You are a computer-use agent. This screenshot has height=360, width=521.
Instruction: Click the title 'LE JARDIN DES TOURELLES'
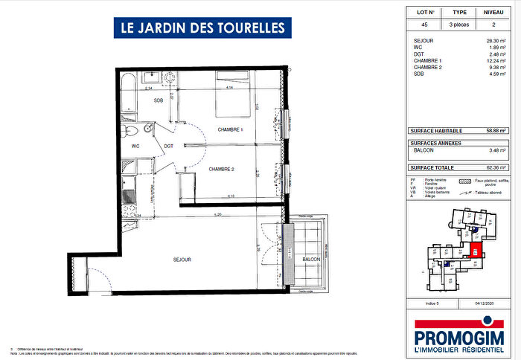(202, 28)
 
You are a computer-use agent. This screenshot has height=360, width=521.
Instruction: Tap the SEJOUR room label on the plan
(181, 260)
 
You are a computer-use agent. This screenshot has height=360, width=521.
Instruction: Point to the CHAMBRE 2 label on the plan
(221, 170)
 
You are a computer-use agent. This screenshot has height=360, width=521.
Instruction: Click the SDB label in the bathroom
(159, 100)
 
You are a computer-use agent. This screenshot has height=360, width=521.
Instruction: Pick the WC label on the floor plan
(135, 147)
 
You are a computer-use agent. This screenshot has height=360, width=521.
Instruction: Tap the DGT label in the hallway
(169, 147)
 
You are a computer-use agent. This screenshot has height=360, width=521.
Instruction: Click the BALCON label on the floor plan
(311, 260)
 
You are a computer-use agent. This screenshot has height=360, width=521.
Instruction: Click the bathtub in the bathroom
(128, 94)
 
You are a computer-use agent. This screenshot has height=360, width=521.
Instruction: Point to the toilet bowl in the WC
(130, 132)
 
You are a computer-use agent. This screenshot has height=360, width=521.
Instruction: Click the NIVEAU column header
(493, 13)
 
